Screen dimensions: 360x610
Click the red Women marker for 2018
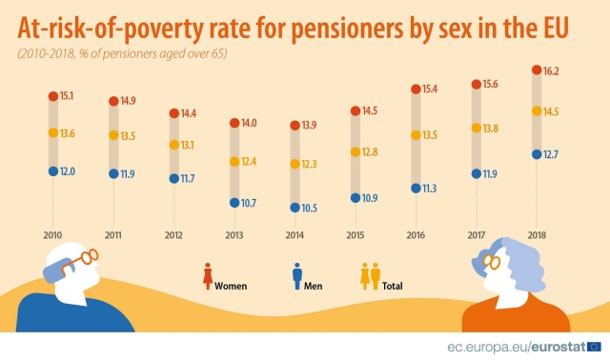point(538,70)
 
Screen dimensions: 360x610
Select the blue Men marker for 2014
point(294,208)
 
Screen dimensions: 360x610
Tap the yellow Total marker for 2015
point(355,152)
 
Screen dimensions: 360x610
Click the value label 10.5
point(311,208)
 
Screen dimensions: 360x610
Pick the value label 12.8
point(372,152)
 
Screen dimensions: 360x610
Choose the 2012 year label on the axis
point(173,234)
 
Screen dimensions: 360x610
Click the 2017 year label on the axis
point(477,234)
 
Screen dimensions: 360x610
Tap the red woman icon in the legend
point(206,276)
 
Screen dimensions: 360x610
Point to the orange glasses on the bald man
point(84,256)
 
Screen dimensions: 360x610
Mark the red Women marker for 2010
point(52,96)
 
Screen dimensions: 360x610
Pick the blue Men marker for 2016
point(416,189)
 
